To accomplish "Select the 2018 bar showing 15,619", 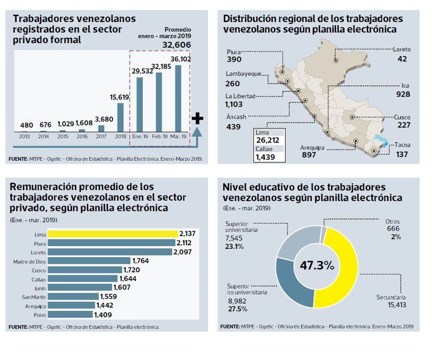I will (120, 117).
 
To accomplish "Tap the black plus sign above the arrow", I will (197, 118).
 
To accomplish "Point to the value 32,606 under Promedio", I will (177, 45).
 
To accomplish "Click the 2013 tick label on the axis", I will (24, 136).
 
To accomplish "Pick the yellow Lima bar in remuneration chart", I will (112, 234).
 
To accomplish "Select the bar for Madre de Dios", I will (89, 261).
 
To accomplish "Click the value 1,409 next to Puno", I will (103, 315).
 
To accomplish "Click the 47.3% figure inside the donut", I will (317, 266).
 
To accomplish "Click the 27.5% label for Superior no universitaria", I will (235, 308).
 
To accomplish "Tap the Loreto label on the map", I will (401, 49).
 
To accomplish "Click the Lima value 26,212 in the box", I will (268, 140).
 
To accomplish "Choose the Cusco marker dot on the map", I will (352, 117).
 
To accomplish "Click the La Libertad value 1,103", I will (234, 105).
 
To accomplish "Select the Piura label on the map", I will (234, 52).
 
